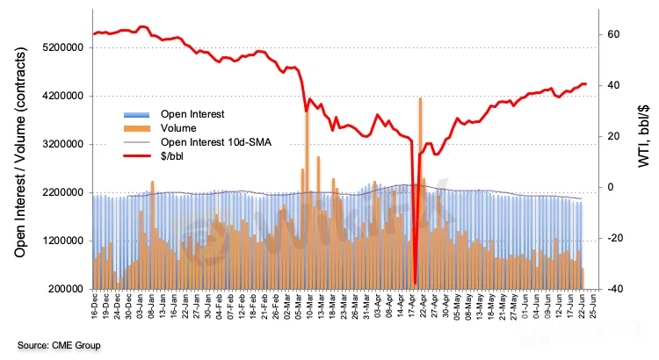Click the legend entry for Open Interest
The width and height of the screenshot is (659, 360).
192,114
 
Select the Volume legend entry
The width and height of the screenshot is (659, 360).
178,128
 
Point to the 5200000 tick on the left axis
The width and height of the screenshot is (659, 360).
57,47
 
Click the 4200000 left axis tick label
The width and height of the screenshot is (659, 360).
57,96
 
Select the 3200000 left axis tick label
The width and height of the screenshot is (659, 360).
57,144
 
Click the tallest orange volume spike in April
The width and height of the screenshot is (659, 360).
421,98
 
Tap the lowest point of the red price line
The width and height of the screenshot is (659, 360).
415,283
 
